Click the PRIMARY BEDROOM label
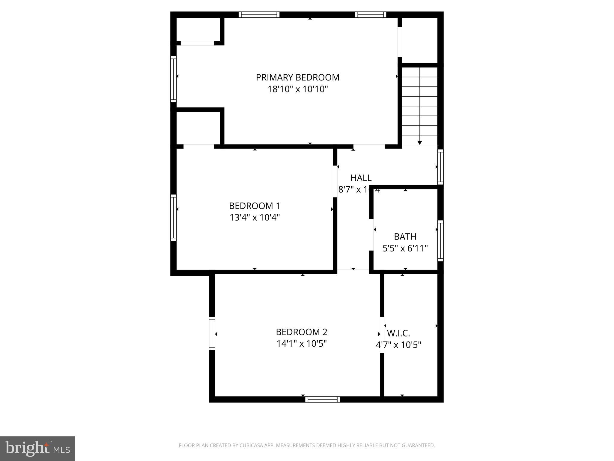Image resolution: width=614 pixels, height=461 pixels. click(x=297, y=77)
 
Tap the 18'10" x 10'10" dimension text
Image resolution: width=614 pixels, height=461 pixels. click(x=298, y=89)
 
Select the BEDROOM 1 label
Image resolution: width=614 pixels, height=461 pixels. click(x=254, y=206)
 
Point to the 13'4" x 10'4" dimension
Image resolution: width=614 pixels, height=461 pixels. click(x=255, y=217)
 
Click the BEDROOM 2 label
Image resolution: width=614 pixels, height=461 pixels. click(x=301, y=332)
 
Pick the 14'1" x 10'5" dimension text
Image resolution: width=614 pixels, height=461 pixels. click(x=301, y=343)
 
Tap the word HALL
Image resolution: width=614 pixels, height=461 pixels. click(x=361, y=178)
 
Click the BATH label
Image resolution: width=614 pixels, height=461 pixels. click(x=405, y=237)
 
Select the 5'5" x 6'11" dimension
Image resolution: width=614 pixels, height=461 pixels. click(x=405, y=249)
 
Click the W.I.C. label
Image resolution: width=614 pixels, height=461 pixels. click(x=398, y=333)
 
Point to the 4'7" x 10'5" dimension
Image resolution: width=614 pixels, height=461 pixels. click(x=398, y=345)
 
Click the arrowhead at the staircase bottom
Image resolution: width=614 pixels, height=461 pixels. click(x=420, y=143)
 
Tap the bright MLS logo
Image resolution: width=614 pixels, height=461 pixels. click(x=37, y=448)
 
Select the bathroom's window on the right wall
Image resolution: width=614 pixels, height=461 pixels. click(x=440, y=240)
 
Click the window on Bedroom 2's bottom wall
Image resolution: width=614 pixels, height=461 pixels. click(x=323, y=399)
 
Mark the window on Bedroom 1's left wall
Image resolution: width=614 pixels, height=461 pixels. click(x=173, y=218)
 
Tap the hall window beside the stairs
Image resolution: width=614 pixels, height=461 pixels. click(x=440, y=167)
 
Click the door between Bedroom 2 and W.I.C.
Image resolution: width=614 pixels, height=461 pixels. click(x=382, y=335)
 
